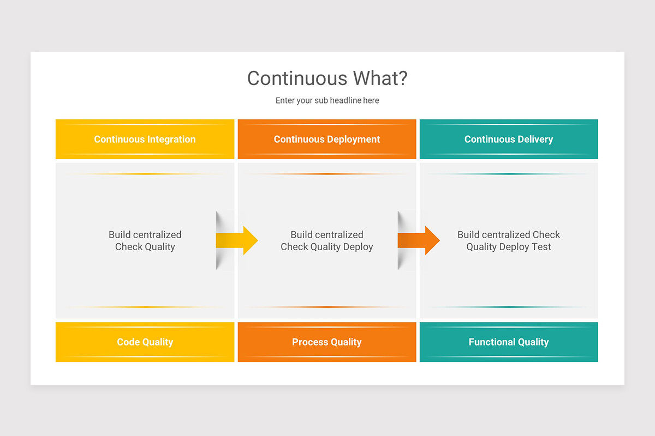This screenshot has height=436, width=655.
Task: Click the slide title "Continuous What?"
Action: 327,78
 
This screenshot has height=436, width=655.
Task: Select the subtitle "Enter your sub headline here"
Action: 327,101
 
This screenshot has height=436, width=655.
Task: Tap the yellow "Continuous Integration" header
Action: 145,140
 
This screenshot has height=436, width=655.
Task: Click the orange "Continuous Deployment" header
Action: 327,140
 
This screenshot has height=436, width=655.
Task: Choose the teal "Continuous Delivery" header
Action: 509,140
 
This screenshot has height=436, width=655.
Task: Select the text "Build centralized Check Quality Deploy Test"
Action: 509,241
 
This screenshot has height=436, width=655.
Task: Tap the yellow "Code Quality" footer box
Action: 145,342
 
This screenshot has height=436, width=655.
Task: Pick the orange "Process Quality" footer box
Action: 327,342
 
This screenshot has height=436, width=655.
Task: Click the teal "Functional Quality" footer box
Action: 509,342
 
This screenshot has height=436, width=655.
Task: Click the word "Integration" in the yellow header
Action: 170,140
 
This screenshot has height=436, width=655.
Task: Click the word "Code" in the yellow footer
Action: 128,342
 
